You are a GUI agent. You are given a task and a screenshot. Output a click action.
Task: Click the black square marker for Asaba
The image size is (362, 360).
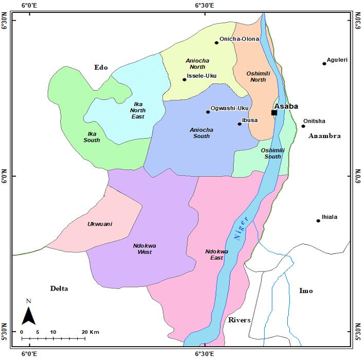pos(274,113)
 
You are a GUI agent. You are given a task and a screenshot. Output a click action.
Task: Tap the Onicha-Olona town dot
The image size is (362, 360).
pos(217,42)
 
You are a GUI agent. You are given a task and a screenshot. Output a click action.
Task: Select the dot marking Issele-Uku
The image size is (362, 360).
pos(184,79)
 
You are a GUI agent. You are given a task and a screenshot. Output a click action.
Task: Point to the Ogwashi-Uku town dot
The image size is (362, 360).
pos(208,112)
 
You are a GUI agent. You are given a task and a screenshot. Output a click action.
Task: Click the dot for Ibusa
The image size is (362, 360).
pos(239,124)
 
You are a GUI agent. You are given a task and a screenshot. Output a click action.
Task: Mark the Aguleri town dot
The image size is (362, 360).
pos(324,63)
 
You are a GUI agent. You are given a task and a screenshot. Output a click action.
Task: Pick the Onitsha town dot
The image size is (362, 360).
pos(303,126)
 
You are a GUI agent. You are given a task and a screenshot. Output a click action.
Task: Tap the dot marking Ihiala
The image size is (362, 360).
pos(318,220)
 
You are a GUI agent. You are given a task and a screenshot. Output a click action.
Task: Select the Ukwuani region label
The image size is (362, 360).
pos(100,224)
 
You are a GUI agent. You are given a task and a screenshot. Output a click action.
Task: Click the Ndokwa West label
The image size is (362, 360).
pos(145,249)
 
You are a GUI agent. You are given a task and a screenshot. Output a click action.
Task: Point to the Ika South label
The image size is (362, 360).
pos(93,137)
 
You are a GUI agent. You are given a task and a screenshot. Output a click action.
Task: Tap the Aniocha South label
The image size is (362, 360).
pos(201,133)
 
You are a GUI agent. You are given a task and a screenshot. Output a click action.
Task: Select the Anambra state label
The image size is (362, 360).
pos(324,136)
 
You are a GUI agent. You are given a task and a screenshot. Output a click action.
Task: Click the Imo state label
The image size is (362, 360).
pos(306,291)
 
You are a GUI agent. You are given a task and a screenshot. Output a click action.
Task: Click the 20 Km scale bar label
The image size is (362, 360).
pos(91,332)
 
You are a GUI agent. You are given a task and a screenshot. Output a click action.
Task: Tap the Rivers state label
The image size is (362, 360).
pos(240,320)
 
